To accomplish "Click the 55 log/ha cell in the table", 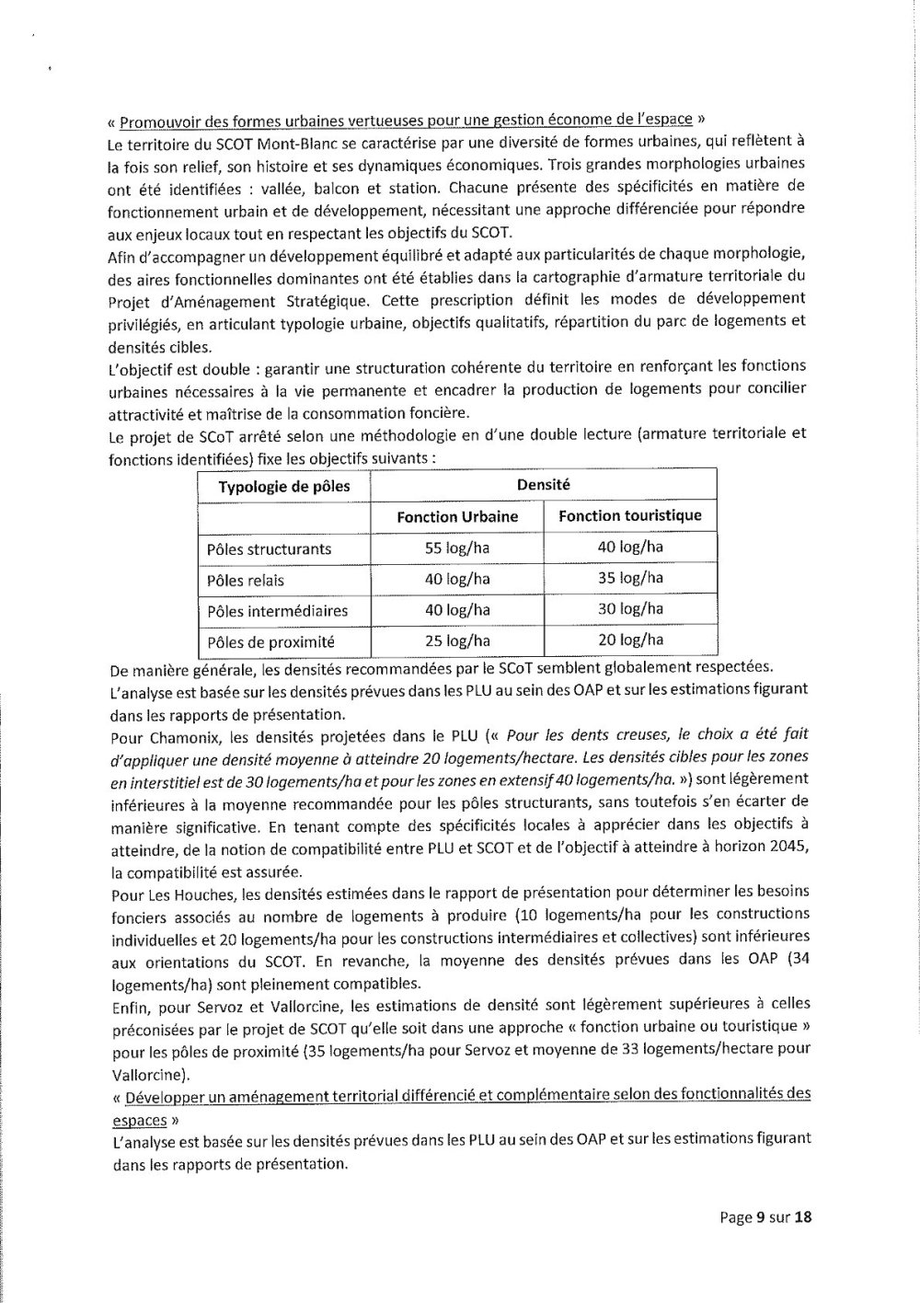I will point(456,548).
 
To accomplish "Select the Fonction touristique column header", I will point(630,516).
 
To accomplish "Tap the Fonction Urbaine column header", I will point(457,517).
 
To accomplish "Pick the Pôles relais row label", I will point(246,581).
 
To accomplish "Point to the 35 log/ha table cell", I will point(630,579).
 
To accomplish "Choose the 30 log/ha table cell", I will point(630,609).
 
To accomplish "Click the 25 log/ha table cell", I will point(456,641).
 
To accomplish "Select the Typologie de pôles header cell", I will point(284,487).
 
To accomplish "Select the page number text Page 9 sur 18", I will point(765,1217).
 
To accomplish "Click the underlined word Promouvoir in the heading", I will point(160,121).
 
